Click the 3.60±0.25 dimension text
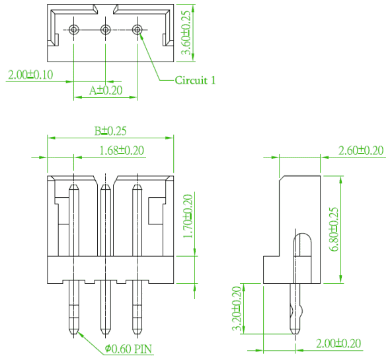(186, 32)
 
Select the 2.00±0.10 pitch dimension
(30, 75)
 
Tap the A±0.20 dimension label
(106, 90)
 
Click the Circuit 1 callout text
(195, 80)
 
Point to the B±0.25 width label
(110, 131)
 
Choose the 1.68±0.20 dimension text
(122, 150)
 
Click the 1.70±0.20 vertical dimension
(188, 216)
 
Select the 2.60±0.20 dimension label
(361, 151)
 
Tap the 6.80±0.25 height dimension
(334, 229)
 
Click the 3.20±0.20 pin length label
(237, 308)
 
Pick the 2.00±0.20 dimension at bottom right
(338, 343)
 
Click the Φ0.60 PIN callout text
(128, 349)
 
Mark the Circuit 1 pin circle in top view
(137, 30)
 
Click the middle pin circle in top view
(106, 30)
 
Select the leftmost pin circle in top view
(74, 30)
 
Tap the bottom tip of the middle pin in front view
(106, 334)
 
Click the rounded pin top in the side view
(303, 234)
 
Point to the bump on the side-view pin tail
(301, 311)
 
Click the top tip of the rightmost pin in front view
(137, 185)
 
